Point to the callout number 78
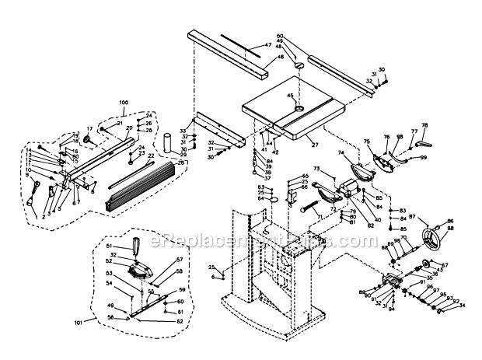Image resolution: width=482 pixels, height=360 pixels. [x=424, y=124]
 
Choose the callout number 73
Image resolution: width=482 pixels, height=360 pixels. [x=317, y=169]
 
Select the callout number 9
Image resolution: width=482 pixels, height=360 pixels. [x=27, y=175]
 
